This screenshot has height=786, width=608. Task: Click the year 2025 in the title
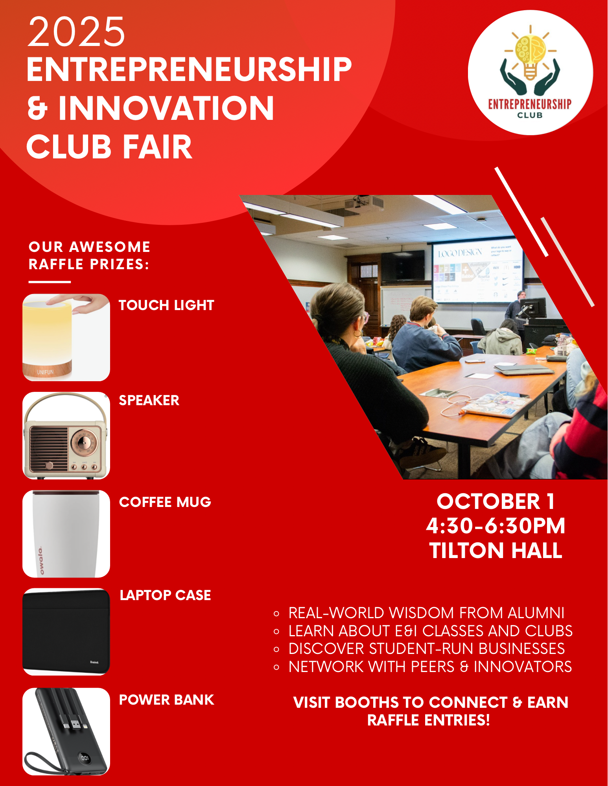(76, 32)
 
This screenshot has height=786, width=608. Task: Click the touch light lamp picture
(66, 337)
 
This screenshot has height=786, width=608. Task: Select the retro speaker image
(66, 435)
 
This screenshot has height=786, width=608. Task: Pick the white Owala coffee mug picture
(66, 534)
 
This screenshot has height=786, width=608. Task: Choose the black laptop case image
(66, 632)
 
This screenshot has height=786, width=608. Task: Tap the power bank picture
(66, 731)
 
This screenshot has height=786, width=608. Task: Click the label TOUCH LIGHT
(166, 305)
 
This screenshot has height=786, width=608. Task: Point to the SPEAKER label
(149, 400)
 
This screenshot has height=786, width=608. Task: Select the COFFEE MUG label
(165, 502)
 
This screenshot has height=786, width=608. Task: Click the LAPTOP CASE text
(165, 595)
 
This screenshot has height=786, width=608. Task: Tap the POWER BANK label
(166, 700)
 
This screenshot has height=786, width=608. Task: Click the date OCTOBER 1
(496, 501)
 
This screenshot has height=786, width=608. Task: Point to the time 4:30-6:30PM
(496, 526)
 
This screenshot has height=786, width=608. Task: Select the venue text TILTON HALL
(496, 550)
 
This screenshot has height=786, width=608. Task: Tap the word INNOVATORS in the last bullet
(523, 667)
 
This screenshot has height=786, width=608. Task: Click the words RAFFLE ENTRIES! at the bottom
(429, 720)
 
